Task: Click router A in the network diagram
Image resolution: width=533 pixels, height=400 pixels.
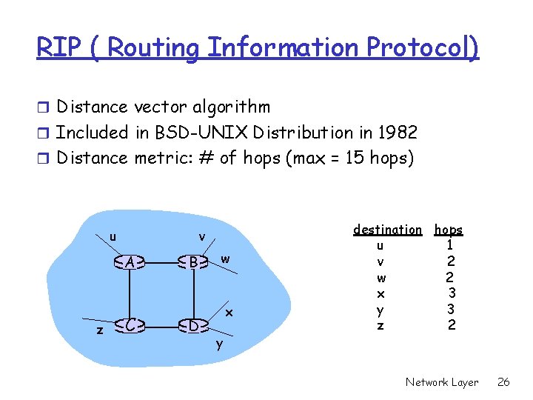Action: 130,261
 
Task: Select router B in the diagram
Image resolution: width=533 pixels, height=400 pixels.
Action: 192,261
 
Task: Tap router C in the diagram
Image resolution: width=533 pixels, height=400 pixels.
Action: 130,324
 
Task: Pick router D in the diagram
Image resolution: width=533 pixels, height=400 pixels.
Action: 192,324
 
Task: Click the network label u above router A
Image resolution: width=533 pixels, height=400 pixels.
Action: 113,237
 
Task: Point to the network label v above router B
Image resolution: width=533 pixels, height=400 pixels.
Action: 202,237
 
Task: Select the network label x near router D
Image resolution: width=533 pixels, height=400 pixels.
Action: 229,313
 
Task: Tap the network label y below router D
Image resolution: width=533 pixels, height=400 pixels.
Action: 219,344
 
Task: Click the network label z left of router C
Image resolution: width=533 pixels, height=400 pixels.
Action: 100,330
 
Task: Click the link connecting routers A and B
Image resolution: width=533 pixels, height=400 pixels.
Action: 161,261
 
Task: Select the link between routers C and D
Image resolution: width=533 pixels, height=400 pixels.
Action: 161,324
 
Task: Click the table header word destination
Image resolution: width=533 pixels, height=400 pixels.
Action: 387,230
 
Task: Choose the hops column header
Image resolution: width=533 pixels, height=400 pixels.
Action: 449,230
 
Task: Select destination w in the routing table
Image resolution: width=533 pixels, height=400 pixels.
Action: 381,278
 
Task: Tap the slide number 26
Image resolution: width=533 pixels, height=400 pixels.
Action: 503,382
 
